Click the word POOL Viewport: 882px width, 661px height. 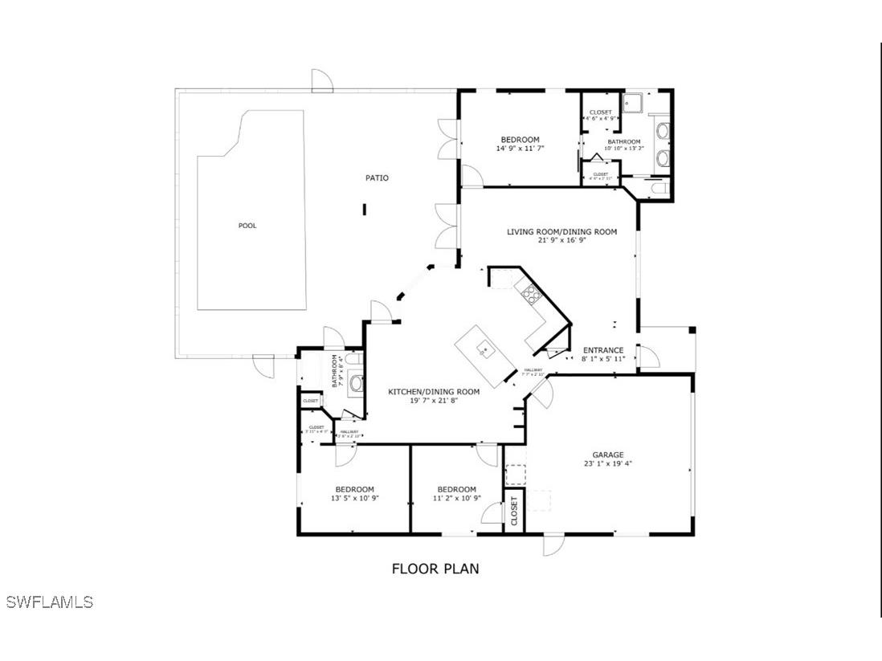click(247, 226)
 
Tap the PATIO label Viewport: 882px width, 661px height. click(378, 177)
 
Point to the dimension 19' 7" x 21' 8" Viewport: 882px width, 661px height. click(434, 400)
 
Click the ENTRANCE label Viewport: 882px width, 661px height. click(602, 350)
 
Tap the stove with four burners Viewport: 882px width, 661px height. click(531, 293)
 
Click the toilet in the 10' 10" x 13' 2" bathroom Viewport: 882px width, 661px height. click(659, 188)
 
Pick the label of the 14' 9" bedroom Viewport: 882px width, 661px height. click(520, 140)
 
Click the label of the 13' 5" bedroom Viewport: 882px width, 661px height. click(354, 489)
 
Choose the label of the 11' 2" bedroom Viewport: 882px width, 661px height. click(456, 489)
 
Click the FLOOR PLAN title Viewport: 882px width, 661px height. click(435, 569)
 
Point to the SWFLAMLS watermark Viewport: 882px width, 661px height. click(50, 602)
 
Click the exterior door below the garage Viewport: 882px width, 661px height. click(553, 545)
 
